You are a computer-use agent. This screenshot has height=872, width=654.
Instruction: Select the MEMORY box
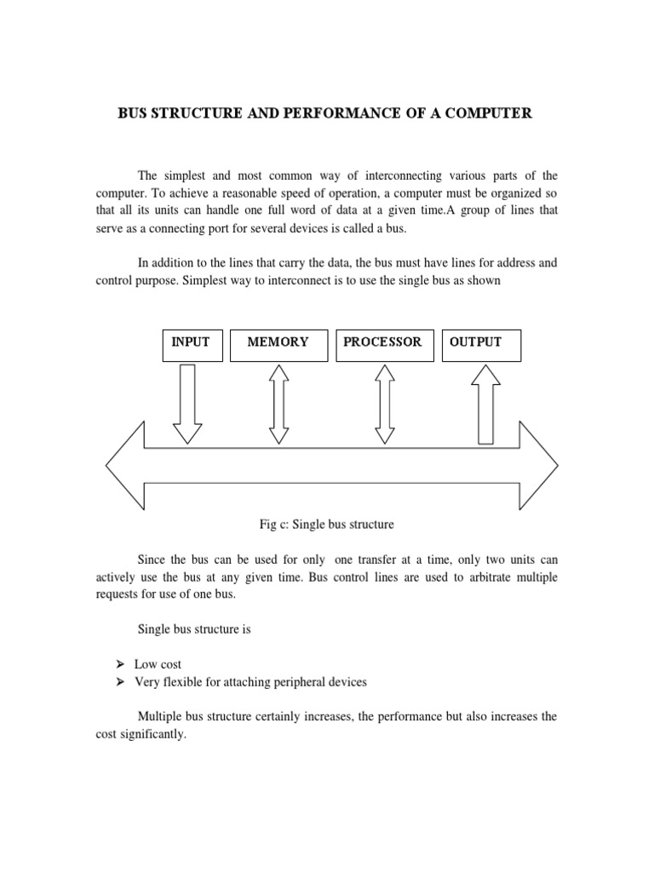[x=278, y=343]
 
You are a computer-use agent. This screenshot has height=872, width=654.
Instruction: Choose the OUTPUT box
[x=481, y=343]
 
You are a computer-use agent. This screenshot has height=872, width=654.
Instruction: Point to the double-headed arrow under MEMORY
[x=278, y=404]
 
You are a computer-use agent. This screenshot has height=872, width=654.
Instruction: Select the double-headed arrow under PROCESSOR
[x=385, y=404]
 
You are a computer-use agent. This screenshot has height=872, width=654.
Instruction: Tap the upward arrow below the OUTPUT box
[x=485, y=404]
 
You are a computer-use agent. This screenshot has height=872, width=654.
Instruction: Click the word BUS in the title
[x=133, y=113]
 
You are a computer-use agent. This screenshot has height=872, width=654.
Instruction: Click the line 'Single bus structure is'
[x=192, y=629]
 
